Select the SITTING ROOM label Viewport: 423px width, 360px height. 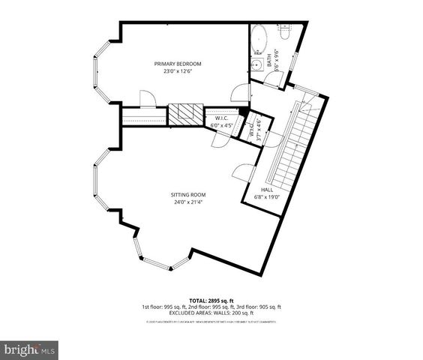pos(187,195)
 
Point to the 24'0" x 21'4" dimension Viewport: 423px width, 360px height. pos(187,202)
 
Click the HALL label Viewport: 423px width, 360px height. pos(266,190)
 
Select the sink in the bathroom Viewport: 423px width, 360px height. pos(256,67)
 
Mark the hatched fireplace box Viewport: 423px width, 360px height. pos(184,114)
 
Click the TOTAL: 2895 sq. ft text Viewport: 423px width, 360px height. pos(211,299)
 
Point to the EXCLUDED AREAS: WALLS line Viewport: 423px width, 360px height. pos(211,313)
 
